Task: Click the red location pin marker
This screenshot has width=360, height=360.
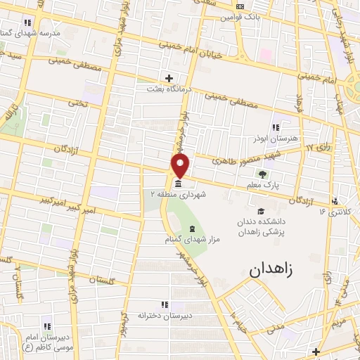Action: (x=181, y=166)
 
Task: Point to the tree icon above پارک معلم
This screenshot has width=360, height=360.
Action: (x=262, y=174)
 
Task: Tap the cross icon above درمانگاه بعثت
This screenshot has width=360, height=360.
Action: (x=168, y=77)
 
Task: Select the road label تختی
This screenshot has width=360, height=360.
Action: (x=77, y=103)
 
